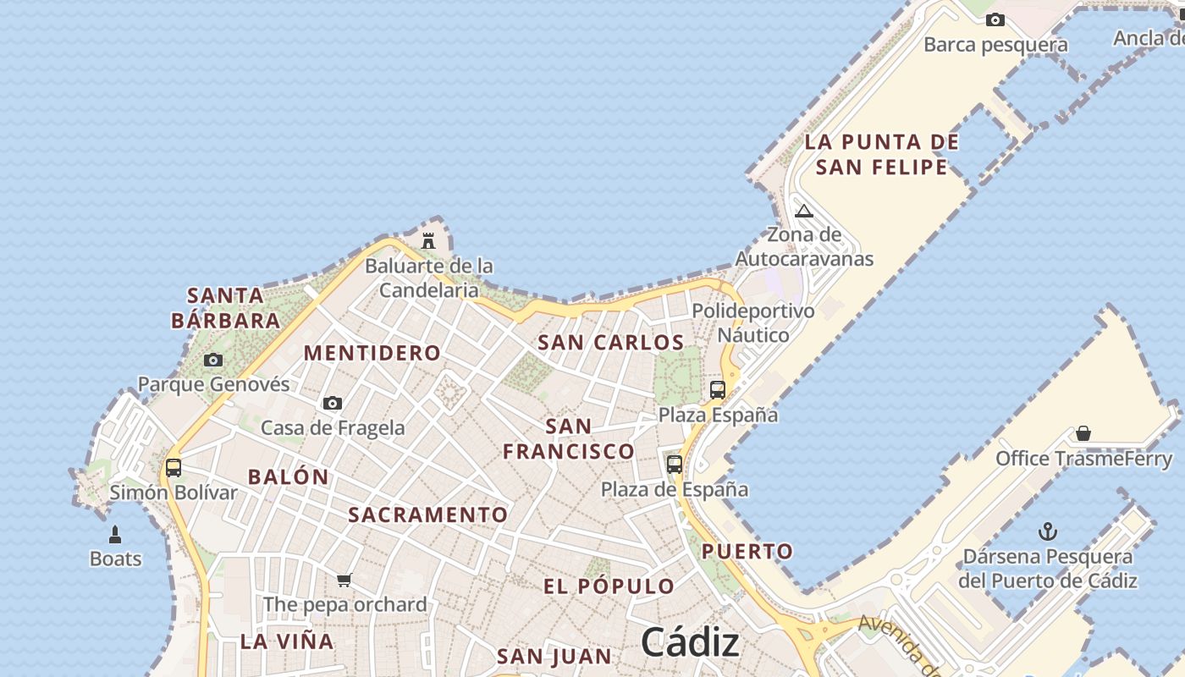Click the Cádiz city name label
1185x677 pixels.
tap(690, 643)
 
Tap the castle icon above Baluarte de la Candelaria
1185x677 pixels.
tap(428, 241)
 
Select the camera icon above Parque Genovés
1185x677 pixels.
tap(213, 360)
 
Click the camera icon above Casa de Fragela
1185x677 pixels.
tap(333, 403)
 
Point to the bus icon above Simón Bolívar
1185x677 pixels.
tap(174, 467)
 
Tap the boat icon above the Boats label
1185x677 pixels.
tap(115, 535)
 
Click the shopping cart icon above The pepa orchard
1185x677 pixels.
tap(344, 580)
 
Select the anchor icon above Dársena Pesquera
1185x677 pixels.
tap(1048, 532)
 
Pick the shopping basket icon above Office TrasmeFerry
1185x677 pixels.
tap(1083, 434)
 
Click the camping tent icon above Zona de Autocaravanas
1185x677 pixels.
tap(804, 210)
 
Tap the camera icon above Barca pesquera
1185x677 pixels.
tap(995, 19)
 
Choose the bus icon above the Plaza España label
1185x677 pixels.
tap(718, 390)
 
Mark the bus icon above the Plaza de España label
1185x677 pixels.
tap(675, 464)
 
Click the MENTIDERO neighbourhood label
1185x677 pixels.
tap(372, 353)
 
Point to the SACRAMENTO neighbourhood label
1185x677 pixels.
tap(428, 515)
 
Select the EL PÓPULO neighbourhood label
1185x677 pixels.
tap(609, 586)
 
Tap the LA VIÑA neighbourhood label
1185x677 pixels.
tap(287, 641)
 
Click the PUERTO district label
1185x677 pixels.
tap(747, 552)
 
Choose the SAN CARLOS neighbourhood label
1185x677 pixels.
tap(611, 343)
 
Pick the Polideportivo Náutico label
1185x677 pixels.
tap(753, 323)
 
